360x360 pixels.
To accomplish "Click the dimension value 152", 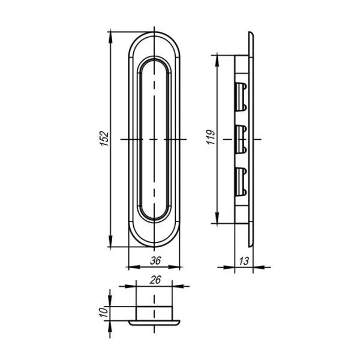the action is (104, 139).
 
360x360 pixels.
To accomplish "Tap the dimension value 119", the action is (211, 137).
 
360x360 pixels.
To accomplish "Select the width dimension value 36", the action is (155, 260).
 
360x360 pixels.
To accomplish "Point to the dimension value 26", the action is (155, 280).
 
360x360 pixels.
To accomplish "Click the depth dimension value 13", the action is (244, 261).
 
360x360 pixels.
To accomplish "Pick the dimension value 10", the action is (104, 313).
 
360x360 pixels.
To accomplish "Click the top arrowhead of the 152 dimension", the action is (110, 37).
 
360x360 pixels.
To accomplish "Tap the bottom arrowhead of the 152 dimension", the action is (110, 241).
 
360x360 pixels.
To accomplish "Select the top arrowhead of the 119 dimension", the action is (217, 61).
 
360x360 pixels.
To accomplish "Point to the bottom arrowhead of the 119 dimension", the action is (217, 218).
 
